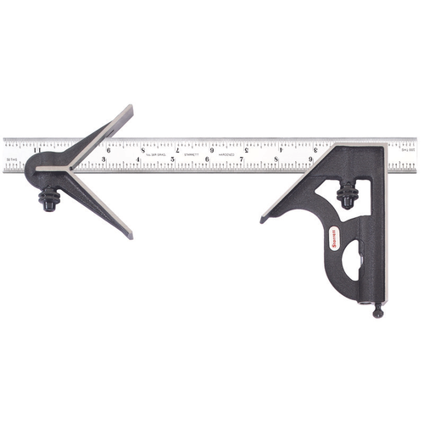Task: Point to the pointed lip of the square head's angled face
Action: [x=264, y=220]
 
